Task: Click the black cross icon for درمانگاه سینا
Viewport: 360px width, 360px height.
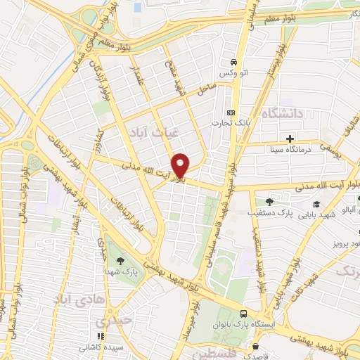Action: [x=289, y=137]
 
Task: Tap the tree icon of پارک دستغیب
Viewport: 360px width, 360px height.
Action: [x=269, y=202]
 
